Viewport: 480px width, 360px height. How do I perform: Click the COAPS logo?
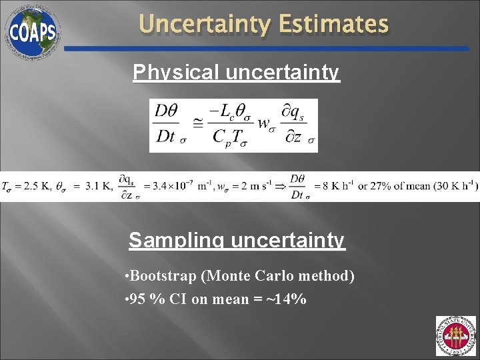(x=32, y=31)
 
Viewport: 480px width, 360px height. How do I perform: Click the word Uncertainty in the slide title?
(x=204, y=25)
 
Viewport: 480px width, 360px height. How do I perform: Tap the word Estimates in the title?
(x=333, y=25)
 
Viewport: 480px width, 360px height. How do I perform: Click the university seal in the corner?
(x=455, y=335)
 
